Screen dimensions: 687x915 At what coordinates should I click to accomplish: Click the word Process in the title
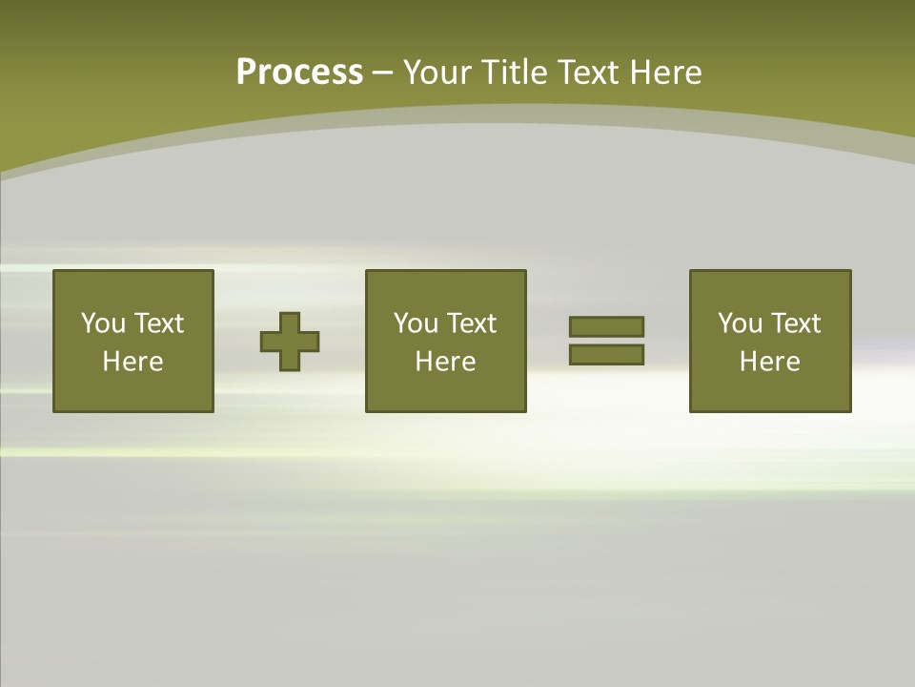click(x=299, y=73)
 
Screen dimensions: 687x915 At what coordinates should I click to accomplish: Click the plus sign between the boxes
click(x=290, y=341)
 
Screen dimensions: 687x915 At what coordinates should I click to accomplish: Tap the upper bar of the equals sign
click(x=606, y=326)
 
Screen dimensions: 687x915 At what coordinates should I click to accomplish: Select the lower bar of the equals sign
click(x=606, y=354)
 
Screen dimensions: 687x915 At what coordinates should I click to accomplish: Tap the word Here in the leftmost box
click(x=132, y=362)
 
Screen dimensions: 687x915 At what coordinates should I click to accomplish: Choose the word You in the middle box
click(x=416, y=323)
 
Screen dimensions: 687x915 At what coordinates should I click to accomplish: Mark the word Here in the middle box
click(x=445, y=362)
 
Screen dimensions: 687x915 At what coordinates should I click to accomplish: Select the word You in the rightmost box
click(x=740, y=323)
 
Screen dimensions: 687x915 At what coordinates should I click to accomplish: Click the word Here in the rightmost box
click(x=769, y=362)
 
